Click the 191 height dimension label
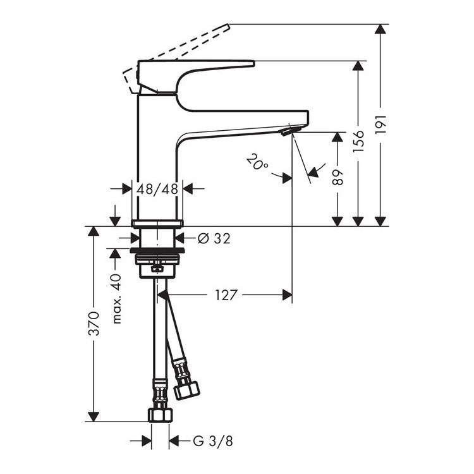[381, 125]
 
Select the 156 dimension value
[359, 142]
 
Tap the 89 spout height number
[338, 178]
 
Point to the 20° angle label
[257, 162]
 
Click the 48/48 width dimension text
[157, 189]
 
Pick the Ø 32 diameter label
[214, 238]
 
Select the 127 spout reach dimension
[226, 295]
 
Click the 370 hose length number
[94, 324]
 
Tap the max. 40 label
[117, 299]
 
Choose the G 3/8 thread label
[213, 441]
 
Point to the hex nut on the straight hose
[161, 415]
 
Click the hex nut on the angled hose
[186, 390]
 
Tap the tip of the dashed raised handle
[229, 27]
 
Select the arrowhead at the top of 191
[380, 29]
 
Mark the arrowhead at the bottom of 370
[94, 416]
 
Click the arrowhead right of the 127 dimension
[287, 295]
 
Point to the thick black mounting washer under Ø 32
[157, 250]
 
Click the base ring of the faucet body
[157, 223]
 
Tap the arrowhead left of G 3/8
[147, 441]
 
